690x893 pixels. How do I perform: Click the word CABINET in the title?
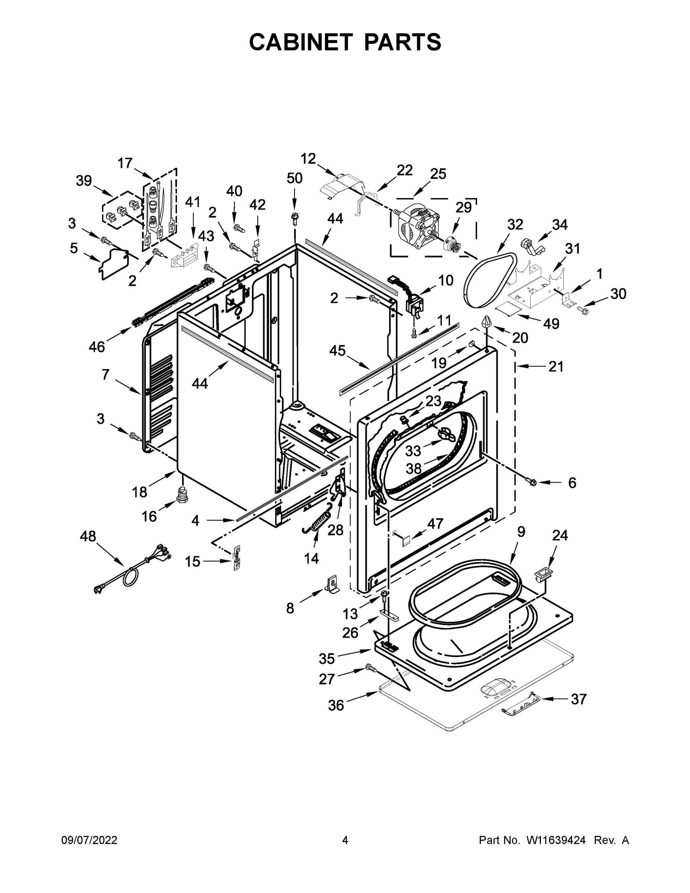coord(301,42)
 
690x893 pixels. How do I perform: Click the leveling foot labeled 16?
coord(181,496)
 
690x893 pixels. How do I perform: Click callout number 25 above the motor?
coord(438,174)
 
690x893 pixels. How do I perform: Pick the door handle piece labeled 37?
coord(519,704)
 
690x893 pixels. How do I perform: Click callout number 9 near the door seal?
coord(521,532)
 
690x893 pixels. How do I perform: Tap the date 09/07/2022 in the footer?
coord(90,840)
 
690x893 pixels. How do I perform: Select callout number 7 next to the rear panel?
coord(106,374)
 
